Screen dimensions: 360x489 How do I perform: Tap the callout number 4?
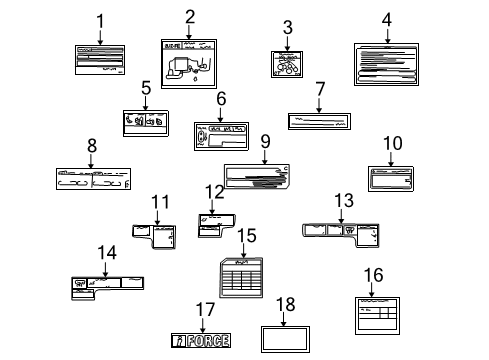[x=386, y=18]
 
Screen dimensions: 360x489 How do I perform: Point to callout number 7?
[x=319, y=90]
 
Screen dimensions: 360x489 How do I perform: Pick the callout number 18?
[x=286, y=305]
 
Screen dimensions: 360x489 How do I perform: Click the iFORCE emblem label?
[x=200, y=341]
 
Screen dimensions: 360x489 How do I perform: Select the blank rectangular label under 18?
[x=286, y=339]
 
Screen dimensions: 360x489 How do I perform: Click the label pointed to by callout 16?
[x=370, y=316]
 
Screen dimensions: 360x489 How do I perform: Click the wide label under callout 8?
[x=93, y=180]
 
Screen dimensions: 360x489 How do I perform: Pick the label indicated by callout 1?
[x=100, y=60]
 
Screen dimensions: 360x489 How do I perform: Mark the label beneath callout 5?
[x=147, y=123]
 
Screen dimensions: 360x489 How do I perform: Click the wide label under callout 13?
[x=342, y=233]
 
